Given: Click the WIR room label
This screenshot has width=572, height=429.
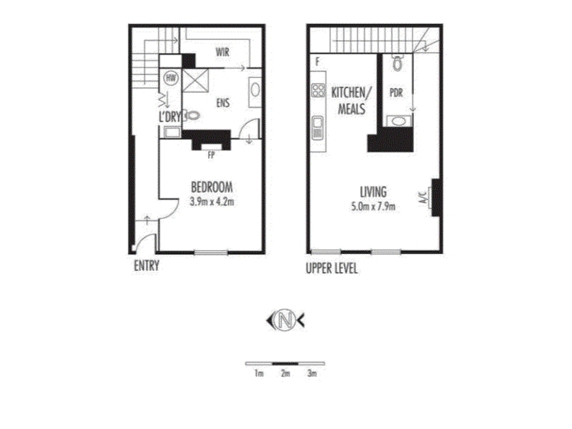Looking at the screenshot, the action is coord(222,51).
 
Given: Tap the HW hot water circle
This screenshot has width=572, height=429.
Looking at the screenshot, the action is coord(170,78).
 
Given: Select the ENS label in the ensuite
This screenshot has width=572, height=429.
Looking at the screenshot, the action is coord(223,102).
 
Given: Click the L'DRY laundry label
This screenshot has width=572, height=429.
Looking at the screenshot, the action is coord(169,117).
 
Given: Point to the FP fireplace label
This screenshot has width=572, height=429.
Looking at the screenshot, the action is coord(211,155).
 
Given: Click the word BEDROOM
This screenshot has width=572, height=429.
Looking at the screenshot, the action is coord(212,187).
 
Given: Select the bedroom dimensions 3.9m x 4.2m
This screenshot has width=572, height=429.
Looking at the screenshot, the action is coord(212,202).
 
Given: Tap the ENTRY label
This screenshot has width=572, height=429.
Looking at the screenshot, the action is coord(147,265).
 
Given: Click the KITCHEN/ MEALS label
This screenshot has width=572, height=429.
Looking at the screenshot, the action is coord(351,101).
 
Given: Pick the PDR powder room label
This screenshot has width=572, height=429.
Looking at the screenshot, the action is coord(396,93).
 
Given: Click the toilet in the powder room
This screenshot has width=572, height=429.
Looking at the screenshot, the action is coord(398,63).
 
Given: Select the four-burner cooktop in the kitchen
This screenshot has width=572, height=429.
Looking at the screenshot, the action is coord(318,90).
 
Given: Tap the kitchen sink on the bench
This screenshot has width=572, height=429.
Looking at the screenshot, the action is coord(317,128).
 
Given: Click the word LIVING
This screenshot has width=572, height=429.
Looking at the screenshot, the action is coord(373,192).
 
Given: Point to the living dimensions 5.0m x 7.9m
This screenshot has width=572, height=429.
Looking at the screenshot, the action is coord(373,207).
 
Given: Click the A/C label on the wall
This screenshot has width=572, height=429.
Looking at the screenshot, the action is coord(424,197).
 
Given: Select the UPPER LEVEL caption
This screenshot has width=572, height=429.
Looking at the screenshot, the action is coord(332,269).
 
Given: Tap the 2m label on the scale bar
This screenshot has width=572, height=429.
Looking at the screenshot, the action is coord(285,373).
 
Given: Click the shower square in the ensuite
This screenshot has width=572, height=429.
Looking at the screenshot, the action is coord(195,81).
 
